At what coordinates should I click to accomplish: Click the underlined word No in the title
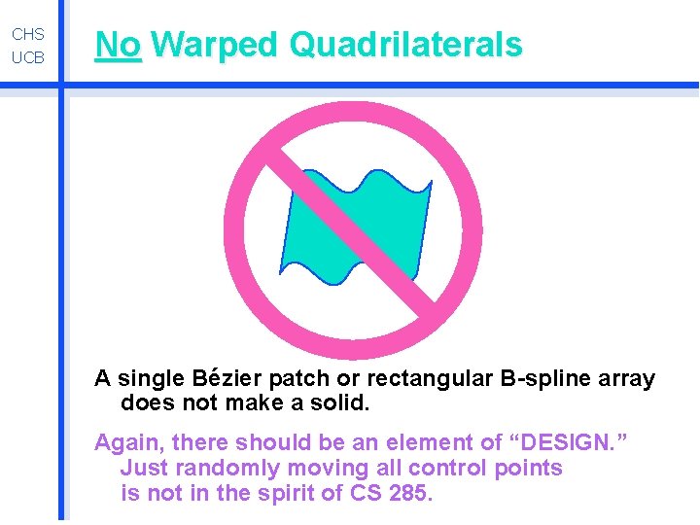pyautogui.click(x=118, y=45)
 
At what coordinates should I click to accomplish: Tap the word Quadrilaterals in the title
pyautogui.click(x=405, y=45)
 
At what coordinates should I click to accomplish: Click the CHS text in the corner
pyautogui.click(x=28, y=34)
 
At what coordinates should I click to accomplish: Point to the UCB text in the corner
pyautogui.click(x=28, y=58)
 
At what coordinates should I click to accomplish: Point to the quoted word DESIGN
pyautogui.click(x=569, y=443)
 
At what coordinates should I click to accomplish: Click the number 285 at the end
pyautogui.click(x=406, y=492)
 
